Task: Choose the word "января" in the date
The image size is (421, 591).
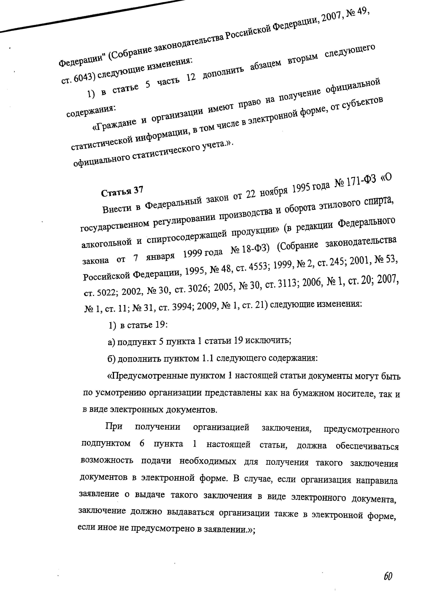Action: tap(160, 256)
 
